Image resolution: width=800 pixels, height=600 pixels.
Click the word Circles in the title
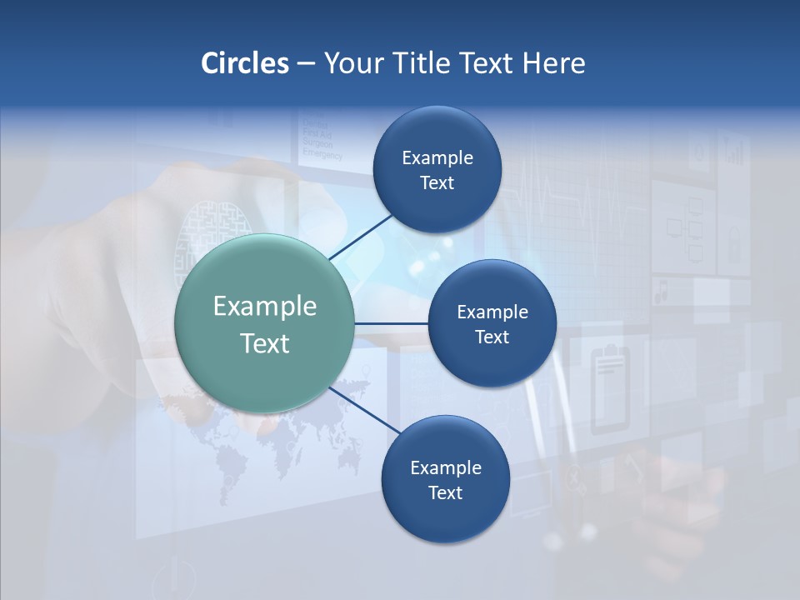(244, 63)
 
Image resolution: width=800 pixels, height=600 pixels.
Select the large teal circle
(265, 323)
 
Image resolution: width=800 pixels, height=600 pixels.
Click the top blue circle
(437, 169)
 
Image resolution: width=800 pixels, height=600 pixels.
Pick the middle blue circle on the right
(492, 323)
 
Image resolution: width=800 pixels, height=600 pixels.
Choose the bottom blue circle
(445, 479)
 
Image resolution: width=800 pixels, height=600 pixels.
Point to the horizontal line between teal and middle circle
(391, 323)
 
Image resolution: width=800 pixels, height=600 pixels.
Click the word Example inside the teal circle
(265, 306)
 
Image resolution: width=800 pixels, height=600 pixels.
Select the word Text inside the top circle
(437, 182)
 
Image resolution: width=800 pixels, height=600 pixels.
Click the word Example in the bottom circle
(445, 467)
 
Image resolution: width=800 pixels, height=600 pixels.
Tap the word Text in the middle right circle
(492, 337)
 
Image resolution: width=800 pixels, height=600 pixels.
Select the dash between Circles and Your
(306, 64)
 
